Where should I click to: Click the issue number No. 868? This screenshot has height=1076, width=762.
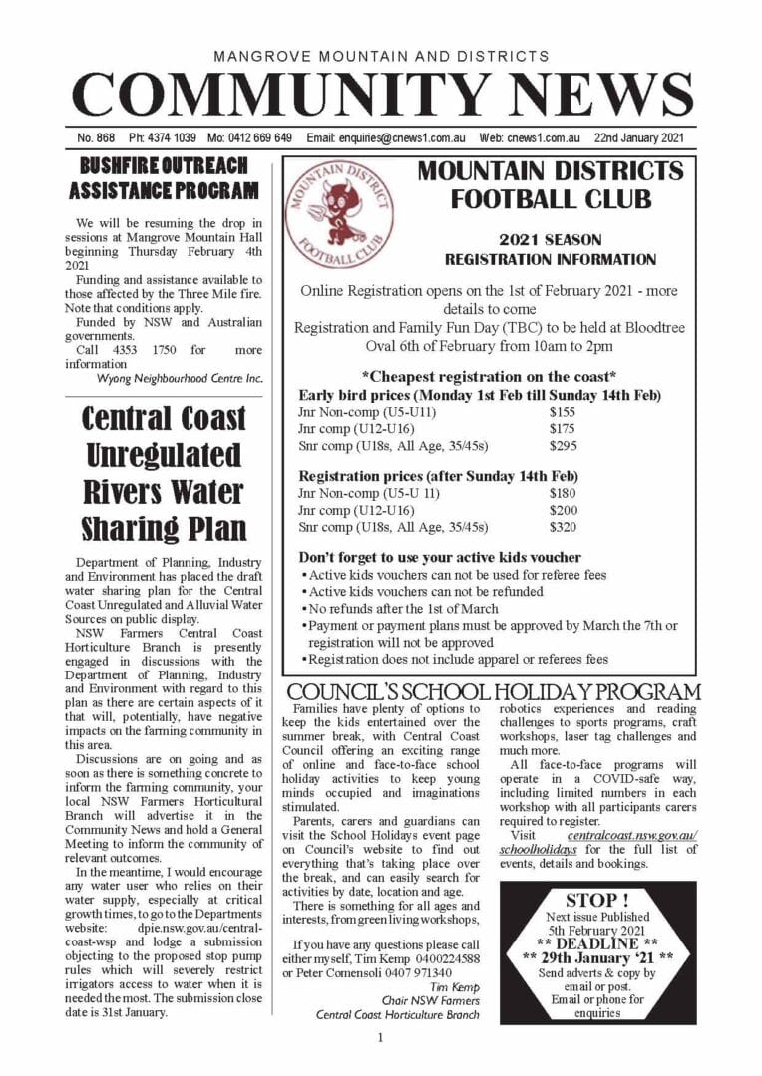pos(96,137)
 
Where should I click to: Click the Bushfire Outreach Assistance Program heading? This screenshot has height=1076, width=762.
pos(164,177)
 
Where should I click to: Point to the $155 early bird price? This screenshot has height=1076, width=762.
pos(563,410)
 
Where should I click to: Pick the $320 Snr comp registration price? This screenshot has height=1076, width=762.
pos(563,527)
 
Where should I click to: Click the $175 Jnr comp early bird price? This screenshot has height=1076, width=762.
pos(563,428)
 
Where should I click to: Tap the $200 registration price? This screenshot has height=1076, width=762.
pos(563,510)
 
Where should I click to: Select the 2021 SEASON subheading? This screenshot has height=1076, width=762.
pos(551,240)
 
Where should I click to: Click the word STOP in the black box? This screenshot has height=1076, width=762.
pos(597,901)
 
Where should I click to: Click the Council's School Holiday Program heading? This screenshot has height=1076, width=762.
pos(493,692)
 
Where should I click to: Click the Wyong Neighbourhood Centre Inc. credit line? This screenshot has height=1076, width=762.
pos(180,378)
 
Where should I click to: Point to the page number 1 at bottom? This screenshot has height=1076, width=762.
pos(381,1038)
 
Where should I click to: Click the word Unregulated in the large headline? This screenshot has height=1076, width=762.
pos(164,455)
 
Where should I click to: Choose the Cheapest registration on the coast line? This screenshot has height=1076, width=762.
pos(489,376)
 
